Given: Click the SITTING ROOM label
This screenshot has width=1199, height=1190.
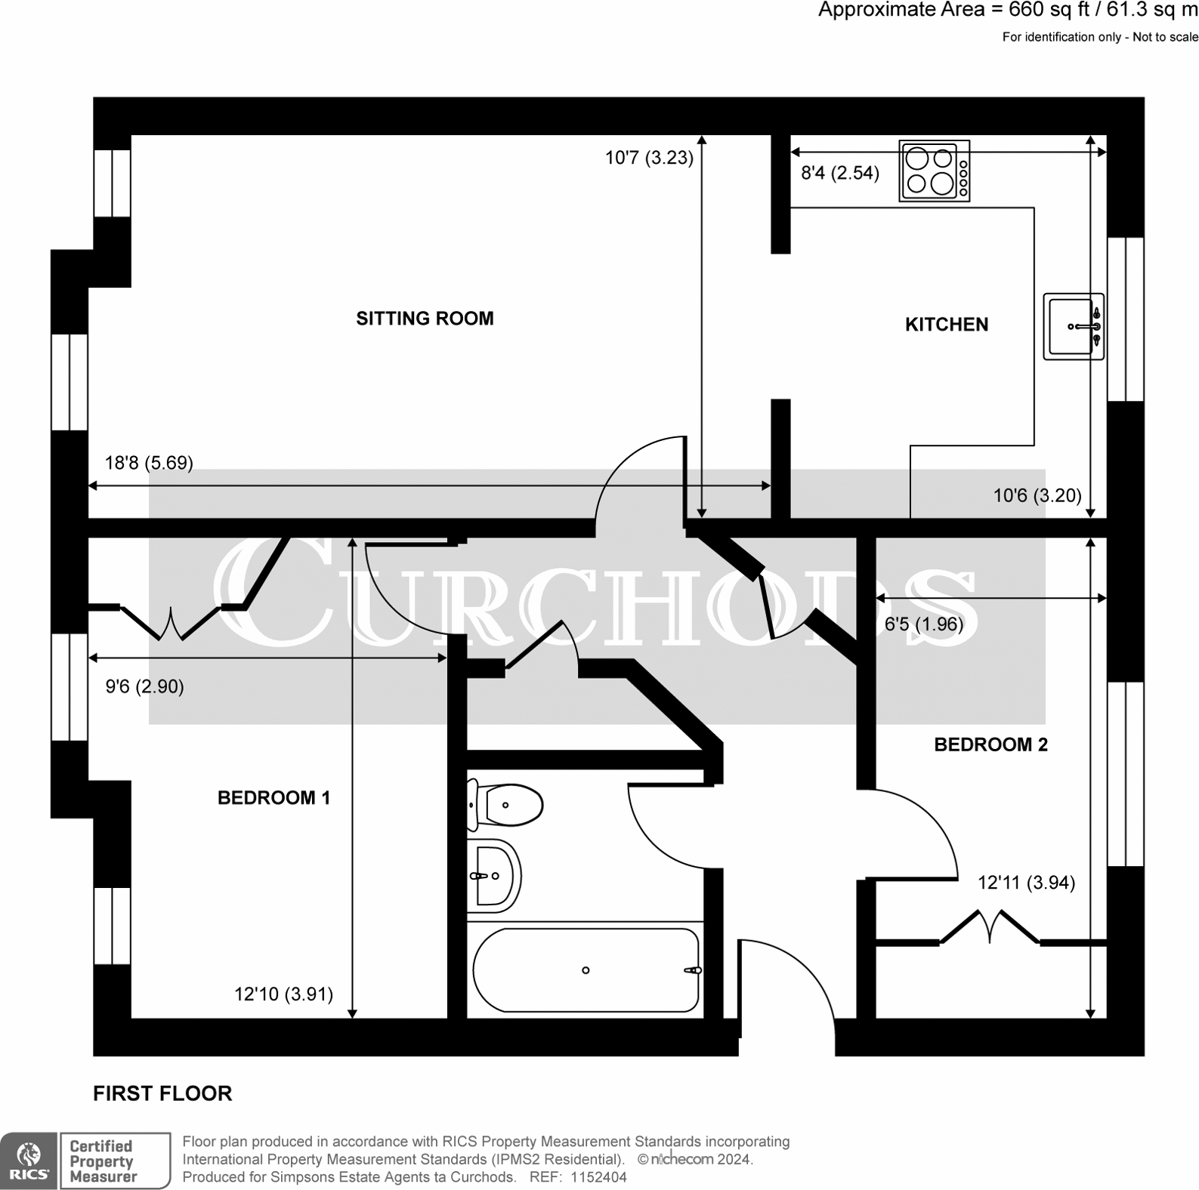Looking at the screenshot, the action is [x=425, y=319].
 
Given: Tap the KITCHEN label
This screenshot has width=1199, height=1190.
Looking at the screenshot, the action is [x=947, y=325].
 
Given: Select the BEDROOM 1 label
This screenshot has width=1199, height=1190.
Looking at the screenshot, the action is [x=273, y=798].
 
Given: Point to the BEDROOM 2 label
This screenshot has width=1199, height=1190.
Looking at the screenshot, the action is [x=991, y=745].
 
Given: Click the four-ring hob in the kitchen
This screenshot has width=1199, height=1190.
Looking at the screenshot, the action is [x=935, y=171].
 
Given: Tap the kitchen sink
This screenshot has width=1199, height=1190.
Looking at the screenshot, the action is [x=1074, y=326].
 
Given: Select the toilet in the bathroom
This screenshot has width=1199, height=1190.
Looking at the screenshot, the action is [x=505, y=805].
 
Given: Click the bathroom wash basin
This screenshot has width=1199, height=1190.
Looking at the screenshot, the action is [x=494, y=876].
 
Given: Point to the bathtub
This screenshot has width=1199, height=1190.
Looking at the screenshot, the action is [x=586, y=970].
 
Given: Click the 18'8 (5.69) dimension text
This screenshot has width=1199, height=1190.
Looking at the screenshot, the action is [x=149, y=463].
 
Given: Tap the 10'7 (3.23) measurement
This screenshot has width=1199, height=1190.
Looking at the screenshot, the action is [x=649, y=159].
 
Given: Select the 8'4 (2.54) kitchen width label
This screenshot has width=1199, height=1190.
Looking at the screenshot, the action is [x=840, y=174].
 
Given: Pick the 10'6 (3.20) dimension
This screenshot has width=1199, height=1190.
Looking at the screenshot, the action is [x=1037, y=496].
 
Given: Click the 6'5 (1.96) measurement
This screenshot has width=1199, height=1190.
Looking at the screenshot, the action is [x=924, y=624].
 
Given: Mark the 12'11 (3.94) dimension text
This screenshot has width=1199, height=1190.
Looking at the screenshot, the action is [x=1026, y=883].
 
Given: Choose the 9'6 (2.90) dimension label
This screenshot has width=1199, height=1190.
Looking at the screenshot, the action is [x=144, y=687].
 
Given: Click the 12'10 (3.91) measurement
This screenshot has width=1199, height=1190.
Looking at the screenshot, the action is [x=283, y=994].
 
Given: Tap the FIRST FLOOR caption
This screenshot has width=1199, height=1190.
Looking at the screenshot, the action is [x=162, y=1094].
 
